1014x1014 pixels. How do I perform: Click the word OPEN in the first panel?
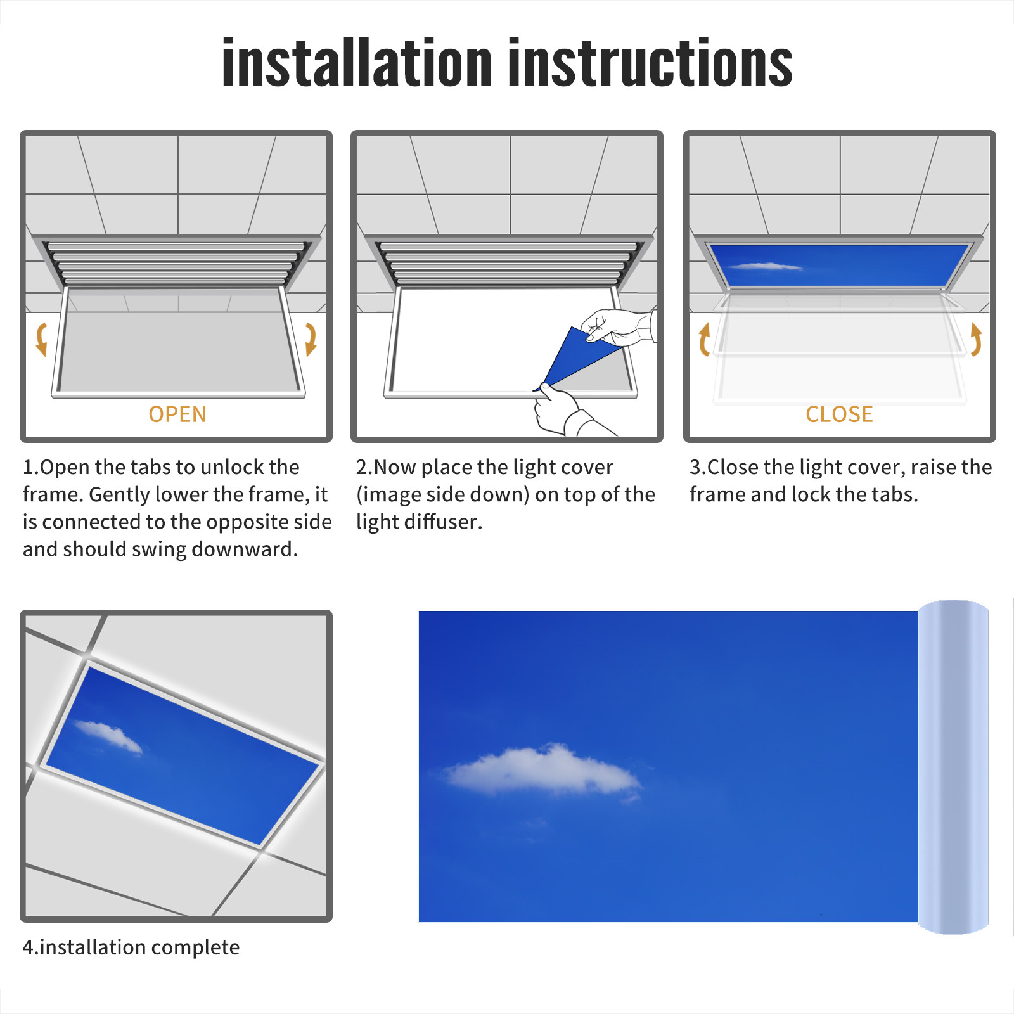click(177, 414)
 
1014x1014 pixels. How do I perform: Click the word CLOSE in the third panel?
click(839, 414)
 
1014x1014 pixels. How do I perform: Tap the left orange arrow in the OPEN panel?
click(42, 339)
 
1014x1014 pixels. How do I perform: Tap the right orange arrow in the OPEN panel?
click(311, 339)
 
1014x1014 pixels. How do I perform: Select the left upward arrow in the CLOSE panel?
click(704, 339)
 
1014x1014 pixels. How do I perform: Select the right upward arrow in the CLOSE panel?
click(976, 339)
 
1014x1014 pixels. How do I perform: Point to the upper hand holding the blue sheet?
click(619, 326)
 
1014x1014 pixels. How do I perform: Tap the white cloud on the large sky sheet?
click(542, 771)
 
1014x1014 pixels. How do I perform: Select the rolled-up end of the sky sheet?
click(953, 767)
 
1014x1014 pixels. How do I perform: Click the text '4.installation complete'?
click(131, 947)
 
